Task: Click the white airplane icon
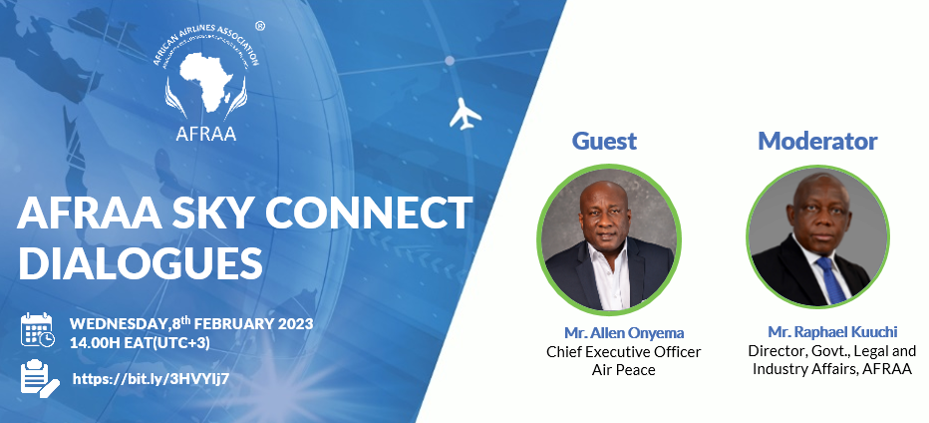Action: tap(465, 114)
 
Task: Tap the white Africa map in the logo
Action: tap(205, 81)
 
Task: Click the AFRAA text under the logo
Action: tap(206, 133)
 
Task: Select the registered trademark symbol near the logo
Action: tap(259, 26)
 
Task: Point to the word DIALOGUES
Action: tap(141, 263)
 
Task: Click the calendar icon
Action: tap(37, 330)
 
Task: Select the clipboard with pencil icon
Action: tap(40, 378)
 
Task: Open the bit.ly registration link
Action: tap(151, 379)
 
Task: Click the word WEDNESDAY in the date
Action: tap(118, 324)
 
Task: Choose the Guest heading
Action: tap(604, 142)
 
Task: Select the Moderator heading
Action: tap(817, 142)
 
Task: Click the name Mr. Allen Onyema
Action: tap(624, 333)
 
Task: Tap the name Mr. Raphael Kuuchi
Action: tap(832, 331)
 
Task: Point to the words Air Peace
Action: tap(624, 369)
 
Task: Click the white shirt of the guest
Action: tap(610, 277)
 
